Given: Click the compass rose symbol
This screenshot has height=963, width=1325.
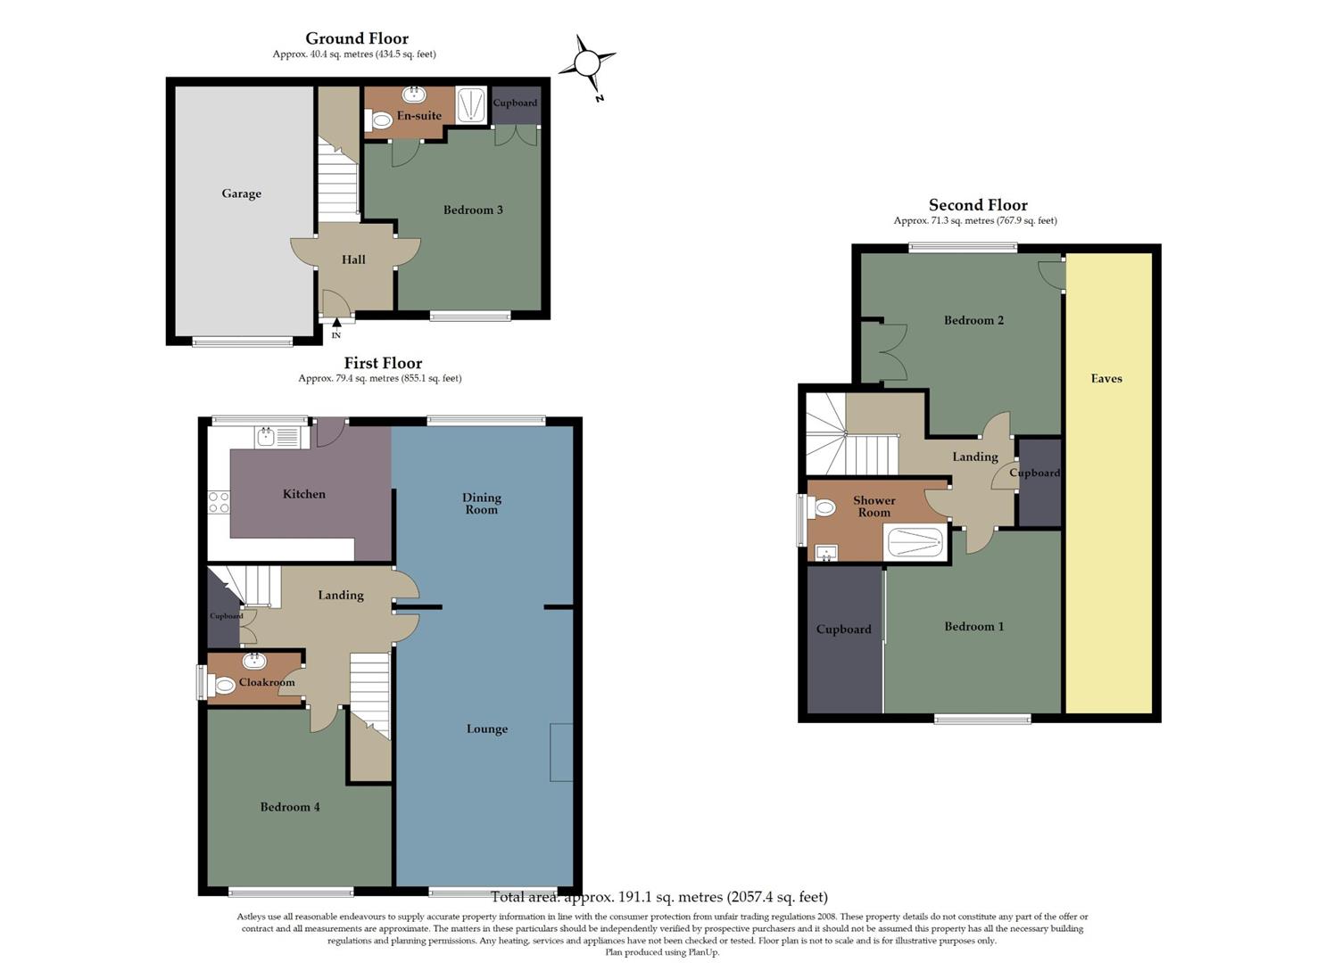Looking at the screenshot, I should tap(587, 64).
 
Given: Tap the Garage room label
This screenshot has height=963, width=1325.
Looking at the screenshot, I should tap(241, 193).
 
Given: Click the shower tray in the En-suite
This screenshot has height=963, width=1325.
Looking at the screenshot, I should tap(471, 104).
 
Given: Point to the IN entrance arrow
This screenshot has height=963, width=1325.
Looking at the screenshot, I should tap(336, 325).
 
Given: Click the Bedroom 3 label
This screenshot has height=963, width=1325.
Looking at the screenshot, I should tap(473, 210).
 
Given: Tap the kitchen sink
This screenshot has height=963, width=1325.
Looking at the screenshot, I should tap(267, 436).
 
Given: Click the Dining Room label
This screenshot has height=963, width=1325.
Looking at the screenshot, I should tap(481, 504).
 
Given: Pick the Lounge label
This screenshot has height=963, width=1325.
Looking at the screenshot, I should tap(486, 729).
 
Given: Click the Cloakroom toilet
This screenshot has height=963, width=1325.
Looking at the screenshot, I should tap(222, 685).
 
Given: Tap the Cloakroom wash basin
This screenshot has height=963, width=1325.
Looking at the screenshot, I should tap(255, 661).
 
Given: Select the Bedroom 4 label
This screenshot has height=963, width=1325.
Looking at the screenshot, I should tap(289, 807).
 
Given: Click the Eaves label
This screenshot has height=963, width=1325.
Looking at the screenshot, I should tap(1106, 379).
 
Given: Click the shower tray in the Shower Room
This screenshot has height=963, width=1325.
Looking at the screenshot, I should tap(914, 542).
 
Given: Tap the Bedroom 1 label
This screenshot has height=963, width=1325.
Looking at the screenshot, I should tap(973, 627).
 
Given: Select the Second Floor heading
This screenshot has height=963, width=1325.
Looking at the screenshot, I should tap(978, 205).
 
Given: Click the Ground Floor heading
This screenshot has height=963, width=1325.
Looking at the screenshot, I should tap(357, 38).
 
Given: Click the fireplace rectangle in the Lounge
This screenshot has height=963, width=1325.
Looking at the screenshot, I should tap(561, 752).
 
